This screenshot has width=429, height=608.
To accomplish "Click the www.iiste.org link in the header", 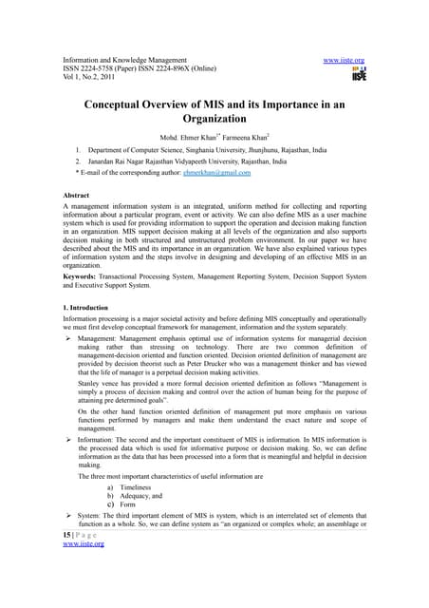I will (344, 60).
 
